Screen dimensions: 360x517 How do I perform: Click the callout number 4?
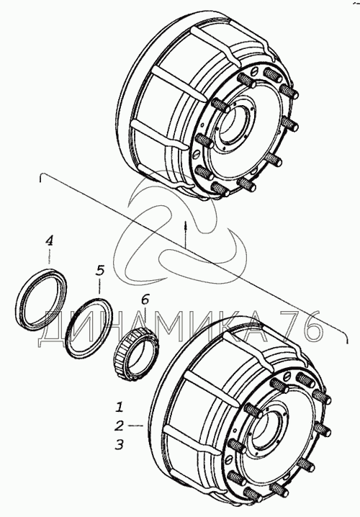(x=49, y=240)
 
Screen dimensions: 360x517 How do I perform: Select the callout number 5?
(x=100, y=270)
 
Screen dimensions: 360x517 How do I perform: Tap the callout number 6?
(x=145, y=300)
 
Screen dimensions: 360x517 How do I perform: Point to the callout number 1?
(x=120, y=407)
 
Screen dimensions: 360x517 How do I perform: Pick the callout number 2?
(x=119, y=426)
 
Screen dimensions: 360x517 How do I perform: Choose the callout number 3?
(x=119, y=445)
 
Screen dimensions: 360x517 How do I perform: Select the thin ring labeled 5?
(x=89, y=328)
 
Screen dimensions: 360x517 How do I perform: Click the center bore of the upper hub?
(x=235, y=126)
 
